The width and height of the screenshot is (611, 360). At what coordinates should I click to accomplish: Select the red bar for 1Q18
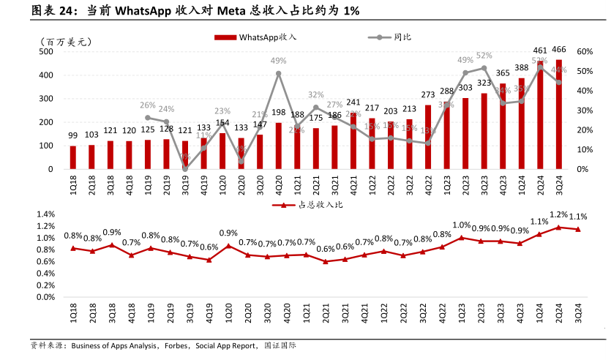click(73, 157)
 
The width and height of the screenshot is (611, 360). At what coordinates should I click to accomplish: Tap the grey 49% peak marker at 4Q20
click(279, 74)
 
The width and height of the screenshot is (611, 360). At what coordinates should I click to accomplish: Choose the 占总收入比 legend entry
click(307, 206)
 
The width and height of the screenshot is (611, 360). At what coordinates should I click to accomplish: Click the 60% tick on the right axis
click(584, 52)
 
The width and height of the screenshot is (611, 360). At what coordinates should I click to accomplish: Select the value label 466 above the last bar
click(559, 50)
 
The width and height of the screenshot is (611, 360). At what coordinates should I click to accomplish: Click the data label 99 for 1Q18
click(73, 135)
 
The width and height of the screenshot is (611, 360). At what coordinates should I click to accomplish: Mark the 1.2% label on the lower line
click(559, 215)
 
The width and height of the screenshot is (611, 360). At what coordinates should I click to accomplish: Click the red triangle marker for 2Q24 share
click(559, 228)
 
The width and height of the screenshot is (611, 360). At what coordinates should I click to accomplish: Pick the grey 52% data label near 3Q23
click(484, 56)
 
